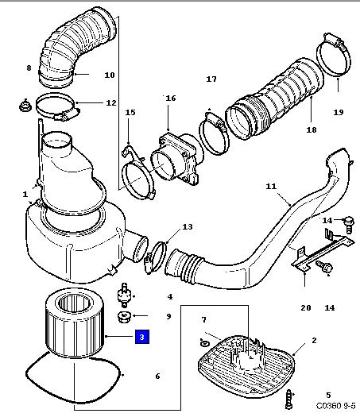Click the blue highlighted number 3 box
pyautogui.click(x=142, y=337)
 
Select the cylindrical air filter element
pyautogui.click(x=74, y=322)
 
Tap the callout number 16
pyautogui.click(x=171, y=98)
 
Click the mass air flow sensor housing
pyautogui.click(x=175, y=160)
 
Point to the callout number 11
pyautogui.click(x=271, y=186)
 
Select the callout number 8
pyautogui.click(x=29, y=68)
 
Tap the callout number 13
pyautogui.click(x=188, y=227)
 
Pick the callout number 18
pyautogui.click(x=312, y=129)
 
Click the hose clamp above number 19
pyautogui.click(x=334, y=55)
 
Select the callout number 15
pyautogui.click(x=130, y=112)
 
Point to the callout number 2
pyautogui.click(x=314, y=340)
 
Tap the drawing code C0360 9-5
pyautogui.click(x=335, y=406)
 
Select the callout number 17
pyautogui.click(x=211, y=79)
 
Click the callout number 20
pyautogui.click(x=306, y=307)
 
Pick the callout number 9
pyautogui.click(x=168, y=316)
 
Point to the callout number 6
pyautogui.click(x=157, y=376)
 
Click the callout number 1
pyautogui.click(x=25, y=194)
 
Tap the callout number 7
pyautogui.click(x=203, y=319)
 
